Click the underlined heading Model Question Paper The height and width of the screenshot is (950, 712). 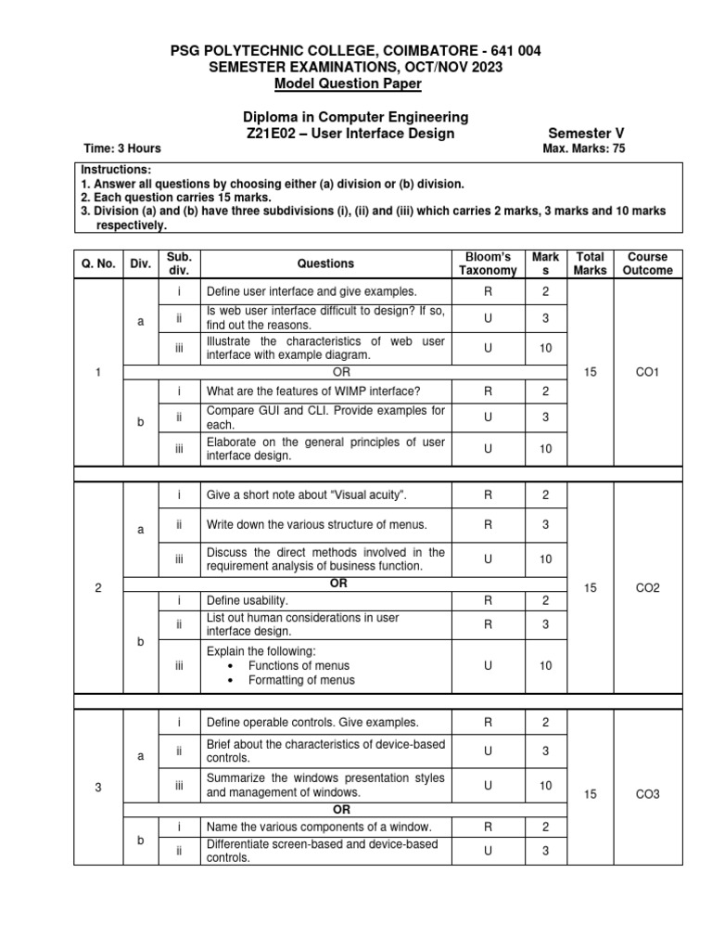[348, 84]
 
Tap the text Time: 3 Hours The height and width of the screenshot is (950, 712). [122, 148]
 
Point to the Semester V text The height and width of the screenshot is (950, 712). [587, 133]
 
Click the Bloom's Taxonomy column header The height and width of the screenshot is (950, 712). [488, 263]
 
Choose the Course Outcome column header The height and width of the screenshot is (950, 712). [647, 263]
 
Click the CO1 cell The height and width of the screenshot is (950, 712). [647, 371]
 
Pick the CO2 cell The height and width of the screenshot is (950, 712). [647, 588]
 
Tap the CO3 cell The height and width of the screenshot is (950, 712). [647, 794]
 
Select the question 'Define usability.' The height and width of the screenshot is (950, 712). [241, 600]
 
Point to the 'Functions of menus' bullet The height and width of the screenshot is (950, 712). [299, 665]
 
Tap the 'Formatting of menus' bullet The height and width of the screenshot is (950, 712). [301, 680]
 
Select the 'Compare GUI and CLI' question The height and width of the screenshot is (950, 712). [325, 417]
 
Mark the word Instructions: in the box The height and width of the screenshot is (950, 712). [116, 171]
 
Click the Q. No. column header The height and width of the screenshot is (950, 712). [98, 263]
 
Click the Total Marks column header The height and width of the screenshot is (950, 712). [591, 263]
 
